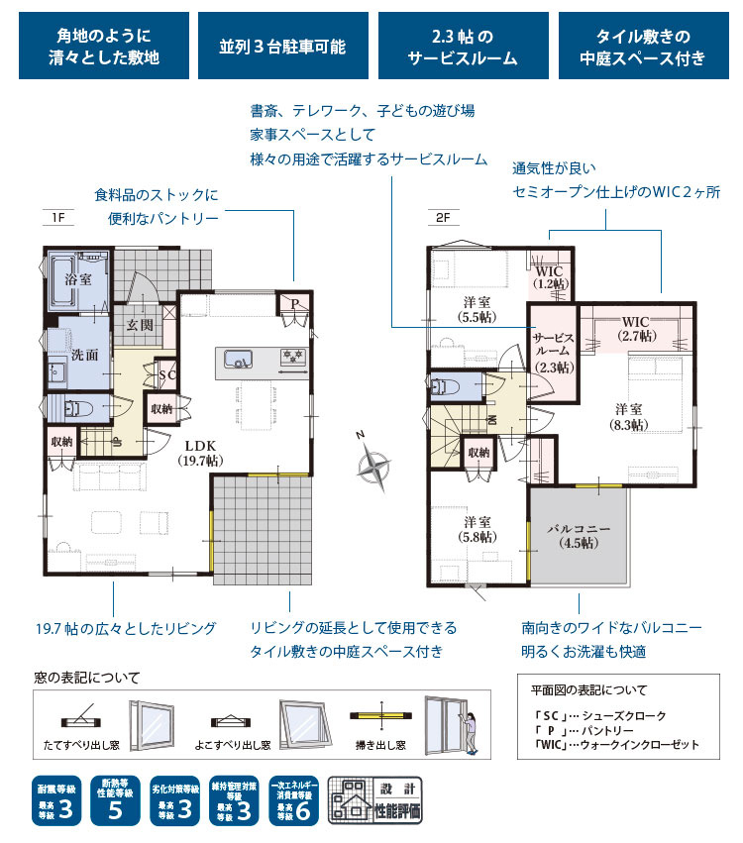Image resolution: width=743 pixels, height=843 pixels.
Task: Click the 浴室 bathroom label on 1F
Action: (x=77, y=280)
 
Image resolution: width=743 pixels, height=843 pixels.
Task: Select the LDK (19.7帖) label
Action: (x=199, y=453)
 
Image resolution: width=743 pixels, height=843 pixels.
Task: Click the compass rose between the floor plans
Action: (x=374, y=465)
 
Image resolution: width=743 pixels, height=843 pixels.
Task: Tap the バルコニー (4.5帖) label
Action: (x=580, y=535)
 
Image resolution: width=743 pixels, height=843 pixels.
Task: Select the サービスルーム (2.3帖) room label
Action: (x=552, y=350)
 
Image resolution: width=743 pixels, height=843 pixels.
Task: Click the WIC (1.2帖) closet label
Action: (x=550, y=277)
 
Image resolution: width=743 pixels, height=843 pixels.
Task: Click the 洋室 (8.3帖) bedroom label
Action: (x=627, y=416)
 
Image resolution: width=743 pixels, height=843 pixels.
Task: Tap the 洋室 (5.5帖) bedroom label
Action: (x=476, y=309)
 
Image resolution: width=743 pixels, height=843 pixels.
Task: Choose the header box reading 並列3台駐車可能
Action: (x=280, y=46)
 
